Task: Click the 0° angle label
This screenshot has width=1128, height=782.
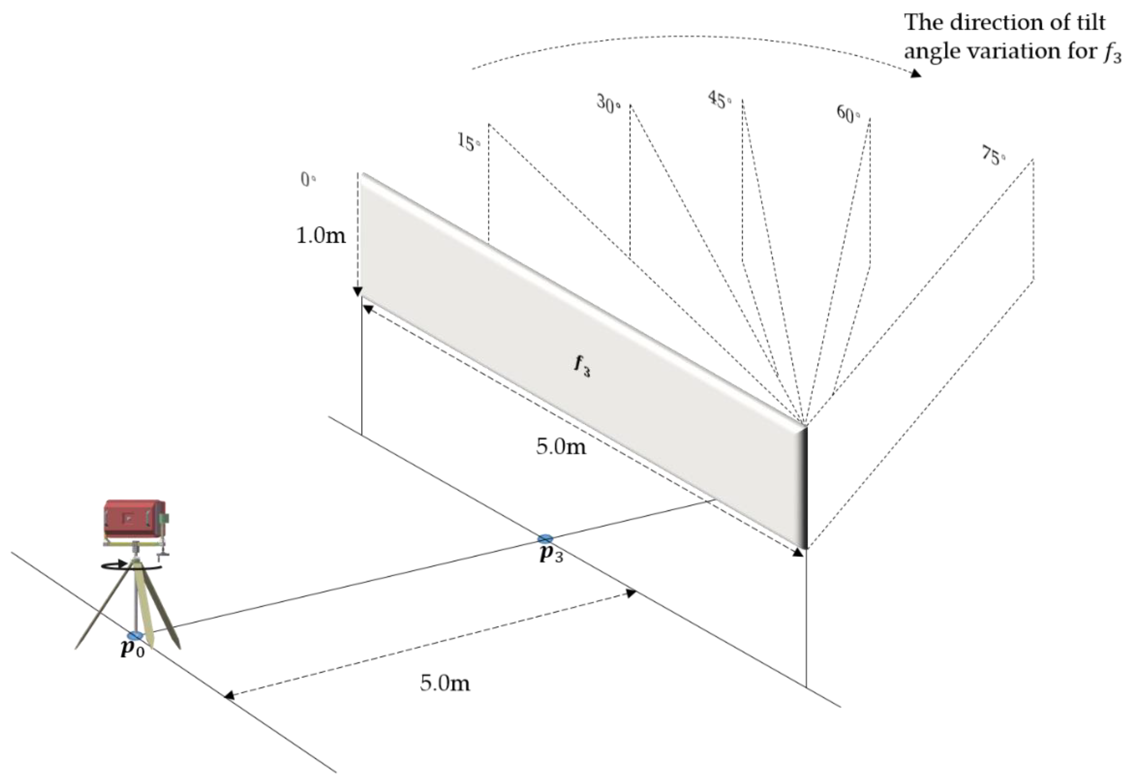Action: [x=308, y=180]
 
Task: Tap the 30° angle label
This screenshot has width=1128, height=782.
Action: [x=608, y=104]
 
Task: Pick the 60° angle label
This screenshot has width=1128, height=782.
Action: [x=848, y=114]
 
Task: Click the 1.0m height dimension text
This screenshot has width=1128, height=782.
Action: [x=321, y=236]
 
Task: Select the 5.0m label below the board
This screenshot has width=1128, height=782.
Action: [x=561, y=446]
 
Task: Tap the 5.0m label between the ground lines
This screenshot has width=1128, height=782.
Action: [x=444, y=683]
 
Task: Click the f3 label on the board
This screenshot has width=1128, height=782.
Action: [x=582, y=366]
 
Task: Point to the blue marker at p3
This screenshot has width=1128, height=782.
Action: [x=545, y=539]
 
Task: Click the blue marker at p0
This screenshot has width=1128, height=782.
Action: [x=135, y=636]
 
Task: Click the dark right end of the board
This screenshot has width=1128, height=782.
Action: [x=803, y=488]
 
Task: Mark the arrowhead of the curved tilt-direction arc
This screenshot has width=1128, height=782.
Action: [x=915, y=74]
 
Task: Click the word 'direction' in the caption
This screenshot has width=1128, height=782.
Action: [x=987, y=23]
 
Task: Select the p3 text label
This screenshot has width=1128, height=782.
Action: [x=551, y=554]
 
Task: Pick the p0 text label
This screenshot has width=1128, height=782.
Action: [x=132, y=649]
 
